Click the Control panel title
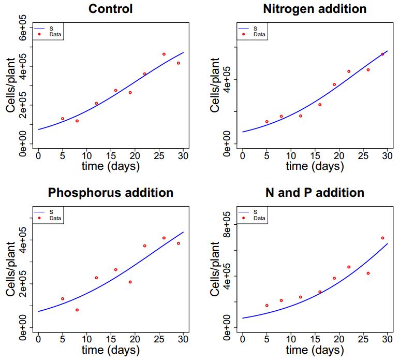(110, 9)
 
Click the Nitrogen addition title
(315, 9)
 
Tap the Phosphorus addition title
(110, 193)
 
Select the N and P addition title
(315, 193)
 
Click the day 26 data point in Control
(164, 54)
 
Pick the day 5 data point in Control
(63, 119)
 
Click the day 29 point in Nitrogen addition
(382, 54)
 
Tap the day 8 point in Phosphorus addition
(77, 310)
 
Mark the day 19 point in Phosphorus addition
(130, 282)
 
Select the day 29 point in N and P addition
(382, 238)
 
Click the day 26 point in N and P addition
(368, 273)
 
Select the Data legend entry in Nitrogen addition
(259, 35)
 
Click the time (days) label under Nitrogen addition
(315, 166)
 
